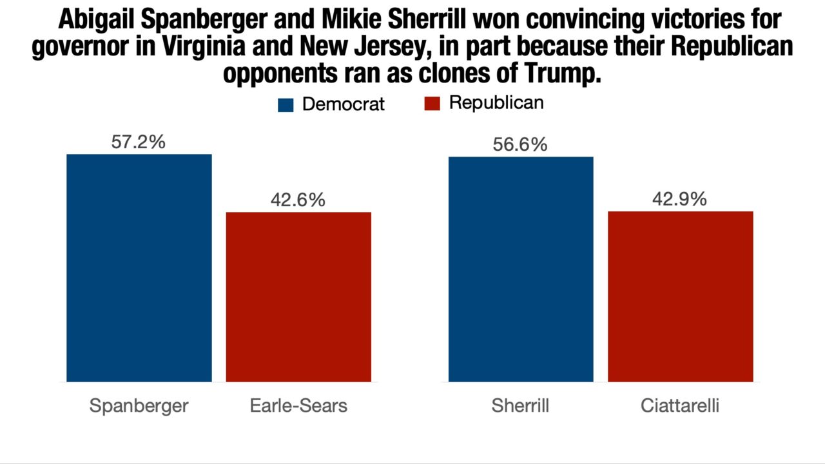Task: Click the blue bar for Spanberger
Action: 139,267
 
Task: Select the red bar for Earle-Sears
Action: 298,296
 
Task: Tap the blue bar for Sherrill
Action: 521,269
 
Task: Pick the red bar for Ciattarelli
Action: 681,296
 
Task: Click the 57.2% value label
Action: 138,142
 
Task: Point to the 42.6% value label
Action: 298,200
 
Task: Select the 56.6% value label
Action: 520,144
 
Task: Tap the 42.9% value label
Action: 679,199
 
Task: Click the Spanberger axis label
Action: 139,405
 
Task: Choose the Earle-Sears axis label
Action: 298,405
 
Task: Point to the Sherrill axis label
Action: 520,405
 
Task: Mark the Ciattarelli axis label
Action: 680,405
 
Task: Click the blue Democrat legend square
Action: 286,104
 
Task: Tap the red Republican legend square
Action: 432,104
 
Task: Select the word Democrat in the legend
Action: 343,104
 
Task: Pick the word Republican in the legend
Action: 496,103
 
